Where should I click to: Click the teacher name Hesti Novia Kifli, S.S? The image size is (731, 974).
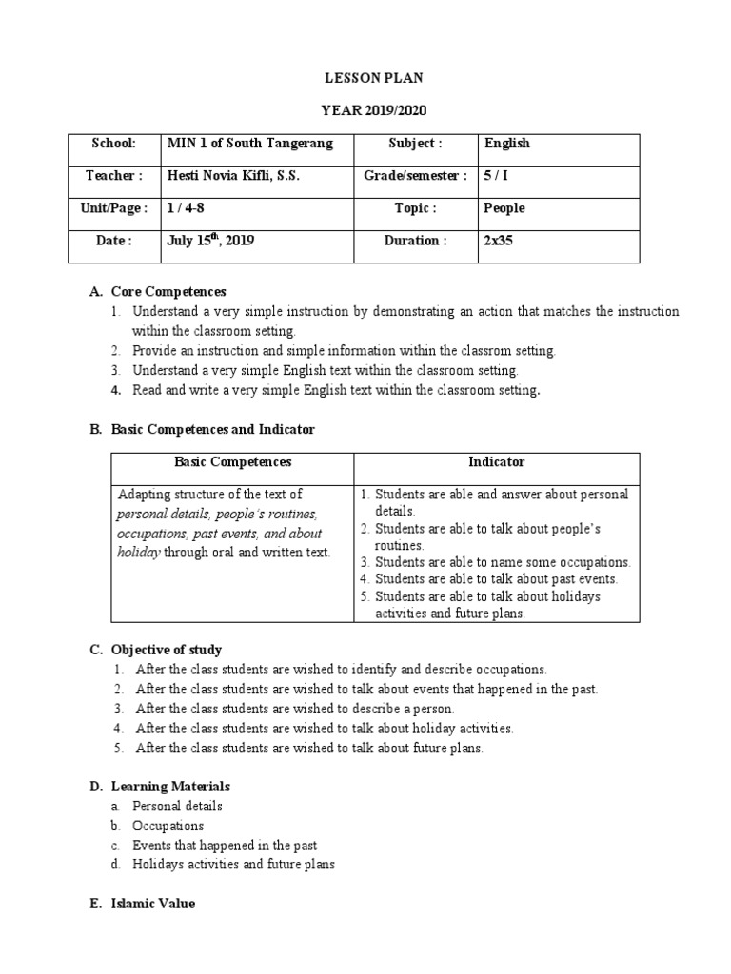[233, 176]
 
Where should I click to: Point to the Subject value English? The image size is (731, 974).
[507, 144]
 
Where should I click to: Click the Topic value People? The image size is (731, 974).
[504, 208]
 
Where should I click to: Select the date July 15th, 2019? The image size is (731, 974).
[210, 241]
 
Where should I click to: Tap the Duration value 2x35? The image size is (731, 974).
[498, 241]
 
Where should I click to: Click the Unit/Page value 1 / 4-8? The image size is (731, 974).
[186, 208]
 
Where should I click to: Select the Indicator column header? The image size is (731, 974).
[496, 462]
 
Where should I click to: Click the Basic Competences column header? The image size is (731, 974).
[232, 462]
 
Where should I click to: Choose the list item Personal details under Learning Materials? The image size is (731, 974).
[177, 807]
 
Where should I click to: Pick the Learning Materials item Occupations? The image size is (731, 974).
[168, 826]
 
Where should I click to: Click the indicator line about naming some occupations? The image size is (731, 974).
[503, 562]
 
